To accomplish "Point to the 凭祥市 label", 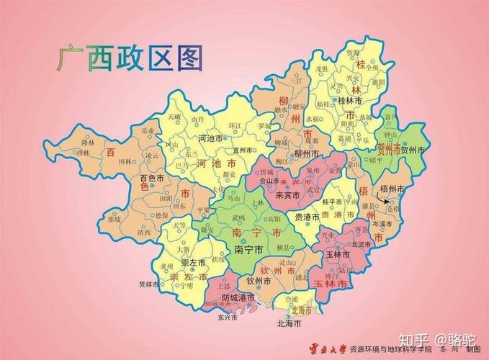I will coord(148,283).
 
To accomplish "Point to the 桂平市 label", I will coord(333,202).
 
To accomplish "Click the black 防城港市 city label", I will coord(239,297).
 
